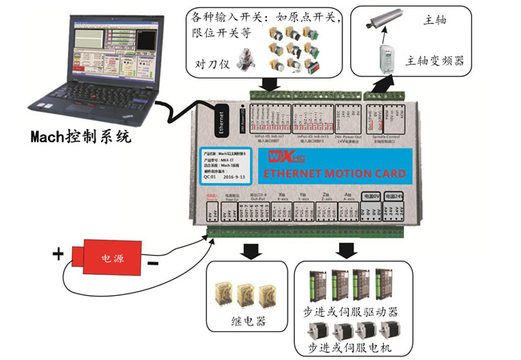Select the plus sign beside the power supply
pos(58,255)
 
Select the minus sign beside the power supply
pos(152,263)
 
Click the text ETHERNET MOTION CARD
pos(334,173)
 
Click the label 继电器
pos(244,322)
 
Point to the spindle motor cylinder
pos(387,22)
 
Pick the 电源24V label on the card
pos(393,196)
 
